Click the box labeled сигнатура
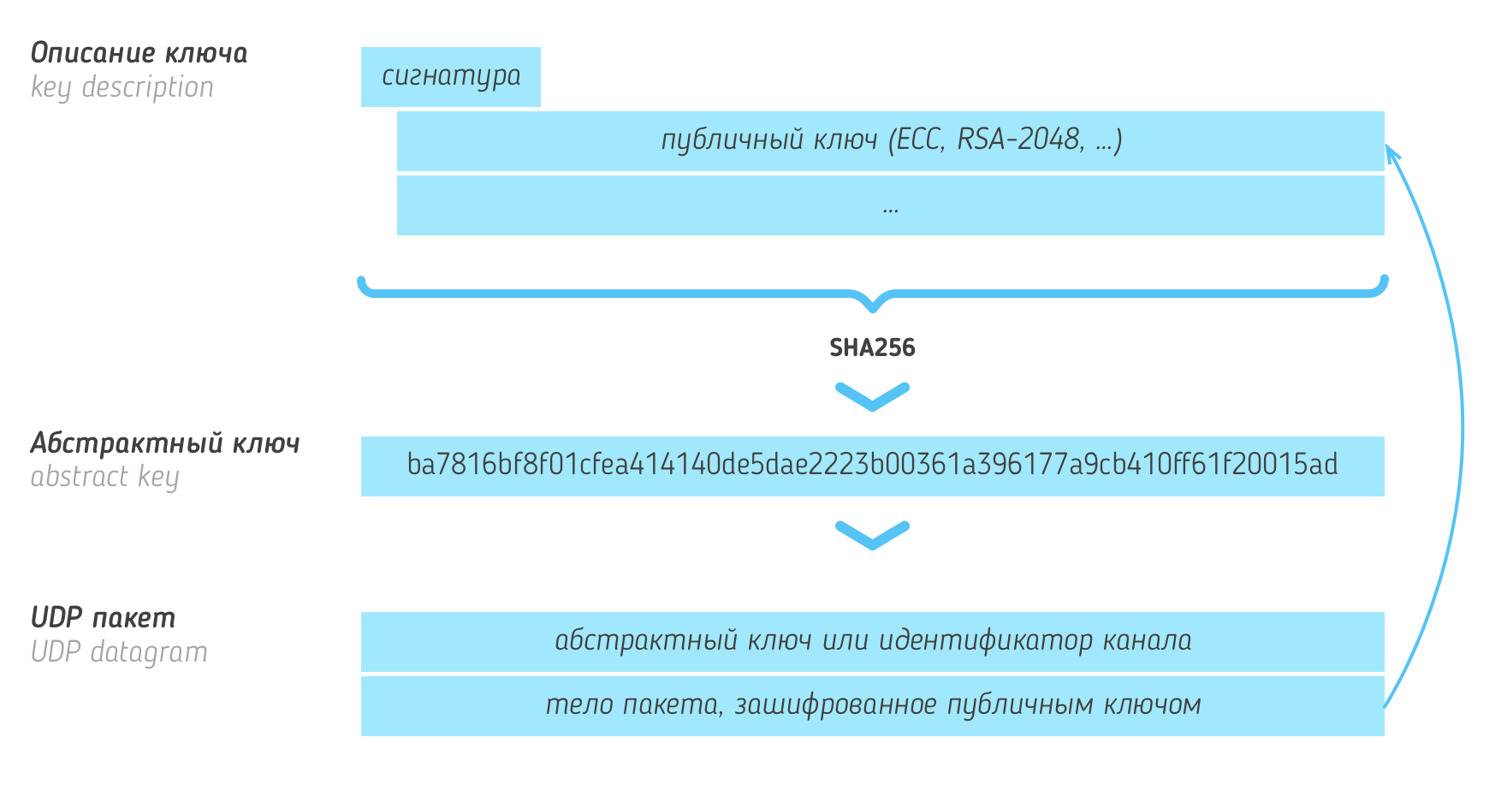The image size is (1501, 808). (451, 77)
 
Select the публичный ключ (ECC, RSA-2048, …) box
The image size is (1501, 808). (890, 140)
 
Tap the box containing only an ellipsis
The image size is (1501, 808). (890, 206)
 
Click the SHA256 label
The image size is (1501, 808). (872, 348)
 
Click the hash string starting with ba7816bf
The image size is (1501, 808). (872, 466)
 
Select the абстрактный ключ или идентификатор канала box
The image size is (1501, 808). (872, 641)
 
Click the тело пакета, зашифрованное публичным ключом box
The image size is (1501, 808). (872, 705)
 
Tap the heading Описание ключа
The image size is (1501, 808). (139, 54)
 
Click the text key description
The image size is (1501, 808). (122, 87)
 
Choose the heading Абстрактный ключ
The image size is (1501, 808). (165, 443)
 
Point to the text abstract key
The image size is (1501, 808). (104, 477)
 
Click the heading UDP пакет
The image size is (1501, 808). (103, 618)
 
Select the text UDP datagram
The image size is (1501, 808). (119, 652)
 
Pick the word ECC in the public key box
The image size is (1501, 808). (917, 140)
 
